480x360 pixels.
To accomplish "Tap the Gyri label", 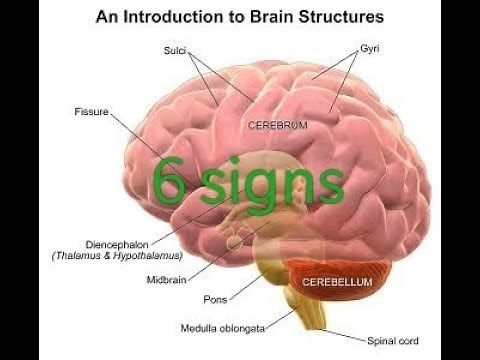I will pos(371,48).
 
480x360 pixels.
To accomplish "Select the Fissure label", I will pos(91,111).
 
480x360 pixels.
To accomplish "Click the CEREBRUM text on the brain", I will pos(277,126).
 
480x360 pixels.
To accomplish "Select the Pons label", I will pos(215,298).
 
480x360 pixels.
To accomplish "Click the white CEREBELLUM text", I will pos(339,283).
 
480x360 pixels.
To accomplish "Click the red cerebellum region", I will pos(330,290).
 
